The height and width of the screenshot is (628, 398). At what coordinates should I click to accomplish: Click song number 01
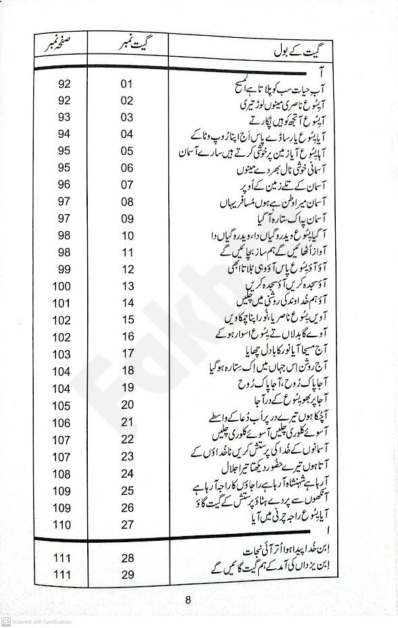(126, 84)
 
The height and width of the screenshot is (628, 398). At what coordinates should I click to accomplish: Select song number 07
(126, 185)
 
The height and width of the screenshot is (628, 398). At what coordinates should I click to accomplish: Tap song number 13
(126, 287)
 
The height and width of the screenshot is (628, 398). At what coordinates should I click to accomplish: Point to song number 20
(126, 405)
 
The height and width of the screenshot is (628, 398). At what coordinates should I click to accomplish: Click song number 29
(126, 574)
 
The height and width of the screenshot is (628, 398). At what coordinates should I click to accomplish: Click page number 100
(61, 287)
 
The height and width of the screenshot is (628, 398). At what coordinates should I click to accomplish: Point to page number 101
(61, 304)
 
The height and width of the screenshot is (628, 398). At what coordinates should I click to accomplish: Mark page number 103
(61, 354)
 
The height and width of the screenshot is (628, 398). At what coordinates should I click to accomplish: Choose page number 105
(61, 405)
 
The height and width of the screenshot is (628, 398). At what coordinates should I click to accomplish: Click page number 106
(61, 422)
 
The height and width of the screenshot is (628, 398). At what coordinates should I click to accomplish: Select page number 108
(61, 473)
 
